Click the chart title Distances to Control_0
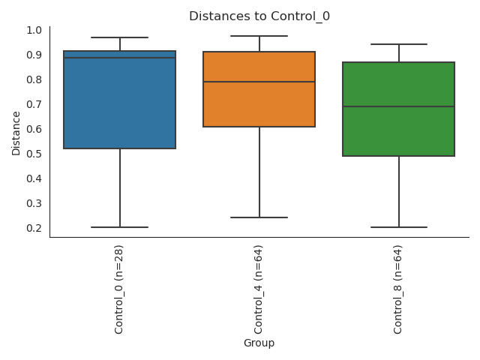[x=259, y=16]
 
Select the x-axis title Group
[x=259, y=343]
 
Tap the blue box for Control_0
[x=120, y=105]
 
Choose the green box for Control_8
[x=398, y=127]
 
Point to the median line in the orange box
[x=259, y=82]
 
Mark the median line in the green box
[x=398, y=106]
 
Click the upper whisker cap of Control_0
[x=120, y=37]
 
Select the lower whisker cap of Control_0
[x=120, y=227]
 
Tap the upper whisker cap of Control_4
[x=259, y=36]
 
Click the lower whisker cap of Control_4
[x=259, y=217]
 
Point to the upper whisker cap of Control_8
[x=398, y=44]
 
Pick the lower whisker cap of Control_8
[x=398, y=227]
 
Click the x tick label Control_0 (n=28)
[x=119, y=289]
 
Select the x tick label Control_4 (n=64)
[x=259, y=289]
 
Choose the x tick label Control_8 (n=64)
[x=398, y=289]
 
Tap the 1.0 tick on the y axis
[x=33, y=30]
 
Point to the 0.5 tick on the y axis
[x=33, y=154]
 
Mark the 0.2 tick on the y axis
[x=33, y=228]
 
